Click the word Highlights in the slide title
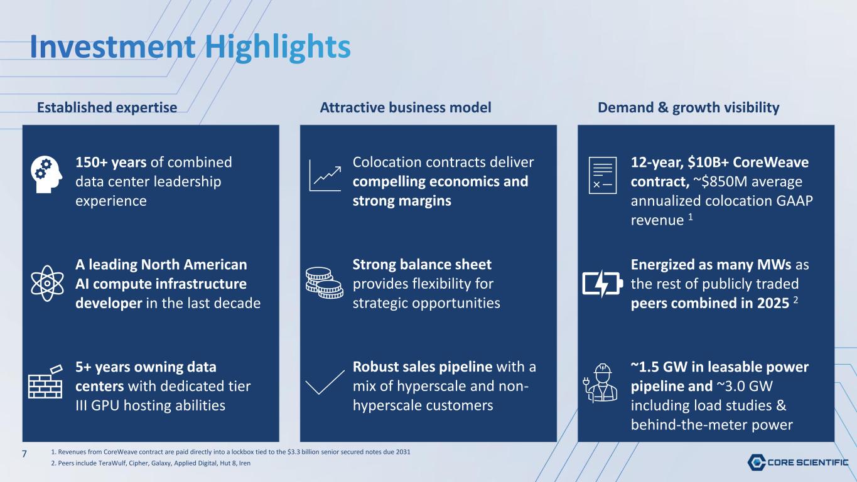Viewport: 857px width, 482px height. click(278, 48)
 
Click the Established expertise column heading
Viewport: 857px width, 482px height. click(107, 108)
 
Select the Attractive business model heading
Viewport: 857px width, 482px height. click(406, 107)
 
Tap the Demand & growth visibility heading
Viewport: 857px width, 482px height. click(688, 108)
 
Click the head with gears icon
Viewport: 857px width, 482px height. click(46, 174)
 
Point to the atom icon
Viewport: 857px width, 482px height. click(47, 284)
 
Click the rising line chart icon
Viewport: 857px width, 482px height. click(325, 176)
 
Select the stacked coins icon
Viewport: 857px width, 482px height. click(325, 282)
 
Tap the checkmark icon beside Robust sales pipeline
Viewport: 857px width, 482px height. click(325, 382)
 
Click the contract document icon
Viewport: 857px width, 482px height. click(603, 175)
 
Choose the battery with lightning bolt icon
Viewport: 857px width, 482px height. click(602, 284)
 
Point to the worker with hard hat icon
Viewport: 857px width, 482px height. click(600, 383)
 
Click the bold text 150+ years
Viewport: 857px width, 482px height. click(110, 162)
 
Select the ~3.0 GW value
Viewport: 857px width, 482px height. click(745, 387)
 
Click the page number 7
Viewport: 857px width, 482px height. click(24, 454)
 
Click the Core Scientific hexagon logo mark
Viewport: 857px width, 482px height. click(757, 462)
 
